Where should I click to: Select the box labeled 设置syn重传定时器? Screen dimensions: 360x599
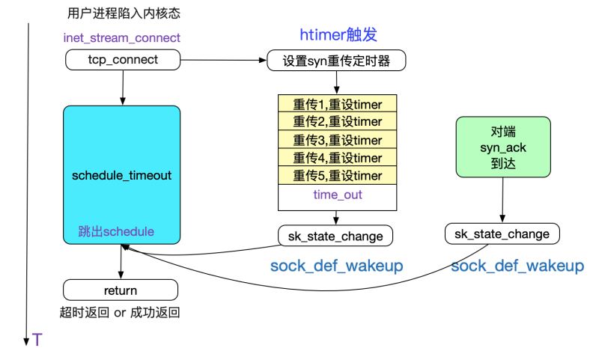[x=336, y=60]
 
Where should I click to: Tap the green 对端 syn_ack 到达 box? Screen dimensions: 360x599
[x=502, y=147]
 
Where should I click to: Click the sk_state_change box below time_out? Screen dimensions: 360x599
[x=336, y=237]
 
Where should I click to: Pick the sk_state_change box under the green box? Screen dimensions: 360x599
[x=502, y=234]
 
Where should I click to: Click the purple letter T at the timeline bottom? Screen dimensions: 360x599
[x=37, y=341]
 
